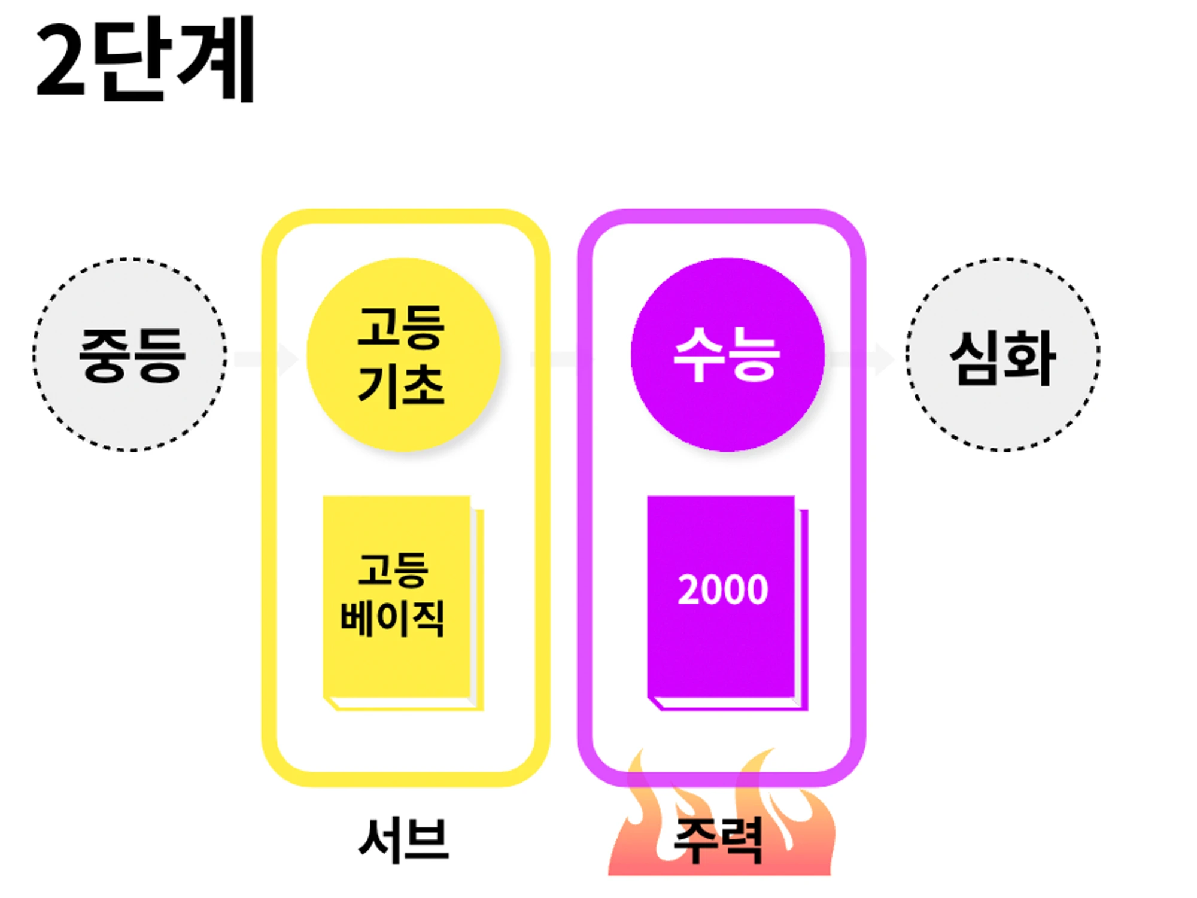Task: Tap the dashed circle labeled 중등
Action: click(130, 355)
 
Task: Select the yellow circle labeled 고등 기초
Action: click(403, 355)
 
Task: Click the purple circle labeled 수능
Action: click(728, 355)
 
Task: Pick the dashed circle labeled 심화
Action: click(1002, 355)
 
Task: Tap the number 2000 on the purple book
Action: click(722, 590)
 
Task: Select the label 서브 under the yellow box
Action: click(403, 839)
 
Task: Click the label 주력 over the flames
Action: click(718, 839)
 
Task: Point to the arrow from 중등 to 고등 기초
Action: click(266, 359)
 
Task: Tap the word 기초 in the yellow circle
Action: click(401, 386)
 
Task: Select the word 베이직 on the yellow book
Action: click(392, 617)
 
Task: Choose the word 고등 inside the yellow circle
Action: click(401, 327)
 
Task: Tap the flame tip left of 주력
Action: click(641, 749)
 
